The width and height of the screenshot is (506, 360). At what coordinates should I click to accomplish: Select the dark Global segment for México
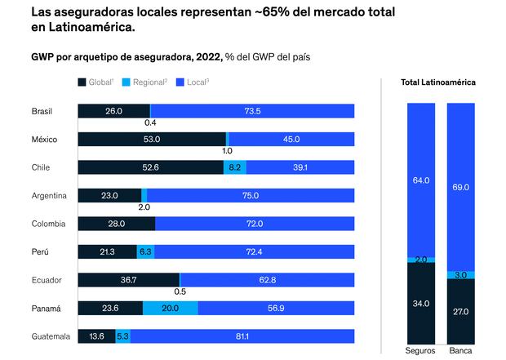(151, 139)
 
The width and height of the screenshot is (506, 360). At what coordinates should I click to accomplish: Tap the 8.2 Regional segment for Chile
(234, 167)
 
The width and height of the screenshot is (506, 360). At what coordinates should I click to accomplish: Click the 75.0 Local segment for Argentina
(251, 195)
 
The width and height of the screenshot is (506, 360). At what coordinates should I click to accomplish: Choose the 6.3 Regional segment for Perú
(145, 251)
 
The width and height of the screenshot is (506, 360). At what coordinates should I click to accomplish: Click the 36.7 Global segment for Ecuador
(128, 279)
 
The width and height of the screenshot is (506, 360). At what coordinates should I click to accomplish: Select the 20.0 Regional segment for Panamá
(170, 308)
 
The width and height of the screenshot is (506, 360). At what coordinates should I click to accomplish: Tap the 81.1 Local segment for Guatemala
(242, 336)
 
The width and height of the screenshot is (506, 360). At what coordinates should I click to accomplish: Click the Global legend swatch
(82, 82)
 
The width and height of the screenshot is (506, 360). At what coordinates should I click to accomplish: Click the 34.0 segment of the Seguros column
(420, 303)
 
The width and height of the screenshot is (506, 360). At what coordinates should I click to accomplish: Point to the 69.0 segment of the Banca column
(460, 187)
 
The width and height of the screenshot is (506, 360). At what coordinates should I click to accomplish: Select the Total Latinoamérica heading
(438, 82)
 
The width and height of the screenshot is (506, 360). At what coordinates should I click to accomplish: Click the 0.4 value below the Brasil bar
(150, 122)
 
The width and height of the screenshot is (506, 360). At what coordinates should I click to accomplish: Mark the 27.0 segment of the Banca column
(460, 311)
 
